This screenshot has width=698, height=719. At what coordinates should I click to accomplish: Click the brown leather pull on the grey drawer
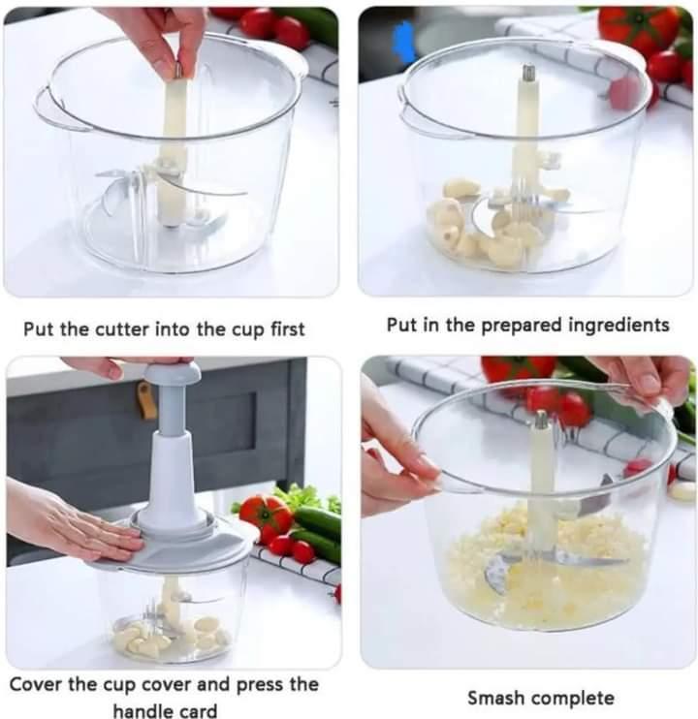(146, 399)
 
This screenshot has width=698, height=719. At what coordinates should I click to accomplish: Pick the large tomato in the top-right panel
(640, 29)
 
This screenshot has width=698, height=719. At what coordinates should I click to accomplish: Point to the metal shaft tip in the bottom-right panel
(539, 420)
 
